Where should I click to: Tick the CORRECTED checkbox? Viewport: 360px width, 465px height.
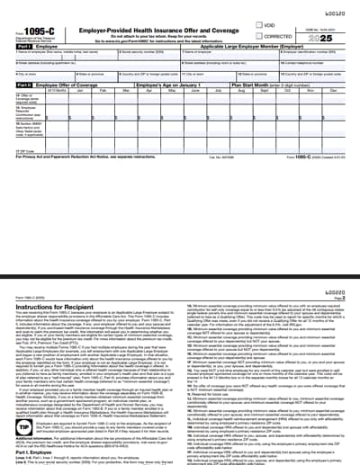[259, 36]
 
